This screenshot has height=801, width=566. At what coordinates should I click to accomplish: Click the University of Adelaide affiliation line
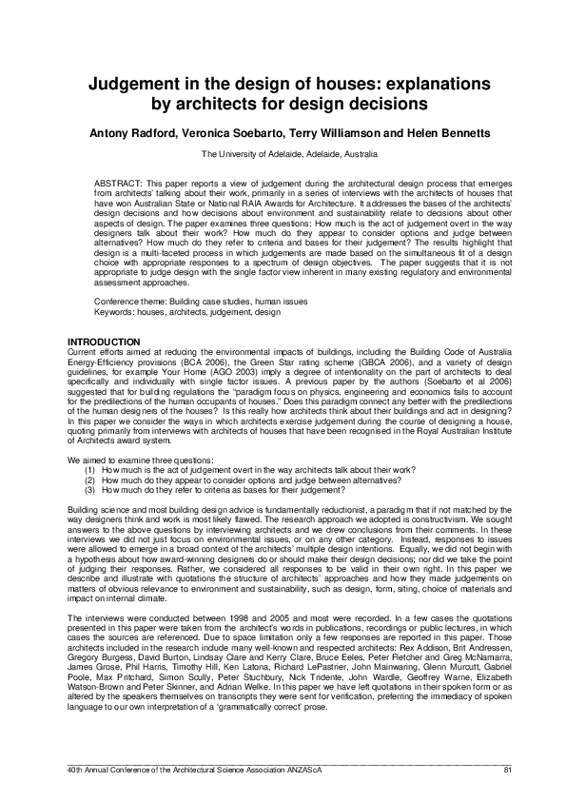click(x=289, y=153)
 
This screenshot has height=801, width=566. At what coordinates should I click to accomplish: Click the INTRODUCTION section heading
click(x=103, y=342)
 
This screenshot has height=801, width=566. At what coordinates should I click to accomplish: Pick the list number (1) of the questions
click(x=90, y=470)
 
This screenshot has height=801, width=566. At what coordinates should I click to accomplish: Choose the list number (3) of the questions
click(x=90, y=489)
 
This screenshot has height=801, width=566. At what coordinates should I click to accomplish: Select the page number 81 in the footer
click(x=507, y=769)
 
